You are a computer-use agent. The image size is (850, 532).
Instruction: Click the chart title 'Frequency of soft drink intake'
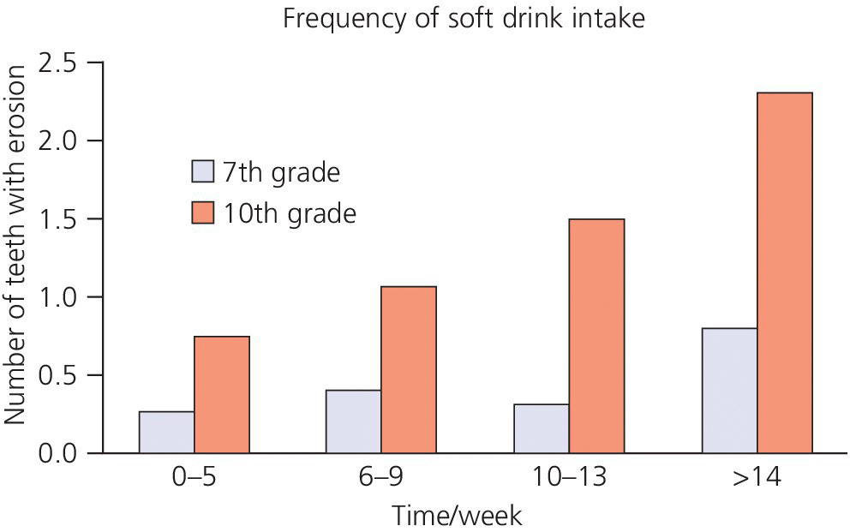[x=463, y=19]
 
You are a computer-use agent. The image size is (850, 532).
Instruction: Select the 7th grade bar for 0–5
[x=166, y=432]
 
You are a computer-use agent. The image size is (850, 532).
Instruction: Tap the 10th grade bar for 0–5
[x=221, y=394]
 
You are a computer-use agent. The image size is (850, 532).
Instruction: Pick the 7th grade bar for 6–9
[x=353, y=421]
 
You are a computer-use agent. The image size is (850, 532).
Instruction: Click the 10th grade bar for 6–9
[x=408, y=369]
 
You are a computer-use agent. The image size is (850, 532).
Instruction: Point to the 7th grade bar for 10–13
[x=541, y=427]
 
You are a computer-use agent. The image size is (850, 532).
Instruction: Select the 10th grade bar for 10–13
[x=596, y=336]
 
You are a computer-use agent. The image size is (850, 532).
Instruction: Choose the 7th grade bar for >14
[x=729, y=390]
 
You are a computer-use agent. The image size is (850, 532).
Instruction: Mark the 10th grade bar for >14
[x=784, y=272]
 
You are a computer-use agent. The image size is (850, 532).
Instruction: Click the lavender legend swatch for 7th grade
[x=203, y=172]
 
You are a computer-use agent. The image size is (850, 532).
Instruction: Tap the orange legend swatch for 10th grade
[x=203, y=212]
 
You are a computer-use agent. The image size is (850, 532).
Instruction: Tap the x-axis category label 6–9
[x=380, y=477]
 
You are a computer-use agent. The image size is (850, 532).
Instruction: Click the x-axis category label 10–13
[x=568, y=477]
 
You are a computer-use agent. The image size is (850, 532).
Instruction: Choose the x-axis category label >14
[x=757, y=477]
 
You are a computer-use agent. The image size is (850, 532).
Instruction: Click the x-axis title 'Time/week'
[x=457, y=516]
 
